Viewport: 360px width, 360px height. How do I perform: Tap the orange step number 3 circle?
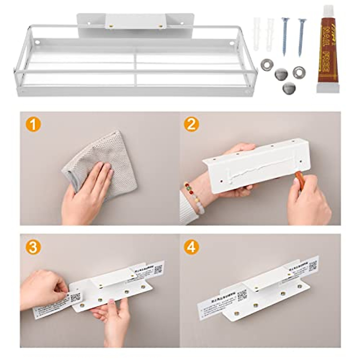click(34, 247)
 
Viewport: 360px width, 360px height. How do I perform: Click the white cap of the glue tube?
click(328, 88)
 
